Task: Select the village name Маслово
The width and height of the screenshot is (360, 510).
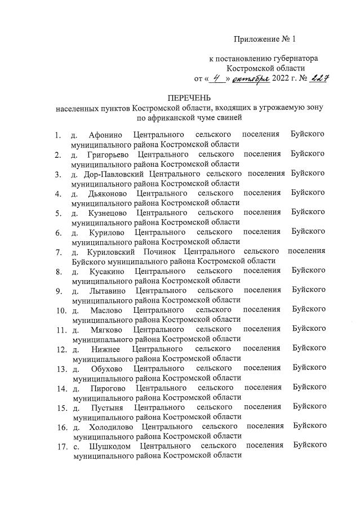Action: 105,309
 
